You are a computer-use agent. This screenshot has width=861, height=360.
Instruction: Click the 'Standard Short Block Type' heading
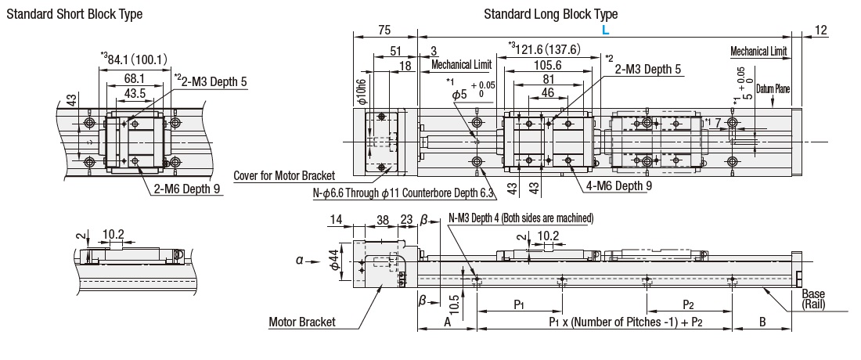coord(75,14)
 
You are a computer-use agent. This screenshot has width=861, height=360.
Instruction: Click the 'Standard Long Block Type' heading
coord(550,14)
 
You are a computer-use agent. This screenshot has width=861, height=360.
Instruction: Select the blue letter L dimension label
coord(605,29)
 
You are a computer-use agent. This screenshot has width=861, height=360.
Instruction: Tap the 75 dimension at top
coord(384,30)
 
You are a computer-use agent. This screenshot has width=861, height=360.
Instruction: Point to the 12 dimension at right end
coord(820,30)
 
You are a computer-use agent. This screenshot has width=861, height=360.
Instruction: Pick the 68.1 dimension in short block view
coord(135,78)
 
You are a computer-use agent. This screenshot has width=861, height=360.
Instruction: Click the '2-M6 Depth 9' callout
coord(185,189)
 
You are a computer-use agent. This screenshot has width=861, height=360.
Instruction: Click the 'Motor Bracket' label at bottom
coord(301,321)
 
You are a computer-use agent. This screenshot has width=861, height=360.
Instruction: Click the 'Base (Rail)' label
coord(813,300)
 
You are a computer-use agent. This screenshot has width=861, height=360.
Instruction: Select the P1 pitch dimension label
coord(519,304)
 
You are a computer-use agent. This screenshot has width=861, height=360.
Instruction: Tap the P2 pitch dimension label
coord(689,304)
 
